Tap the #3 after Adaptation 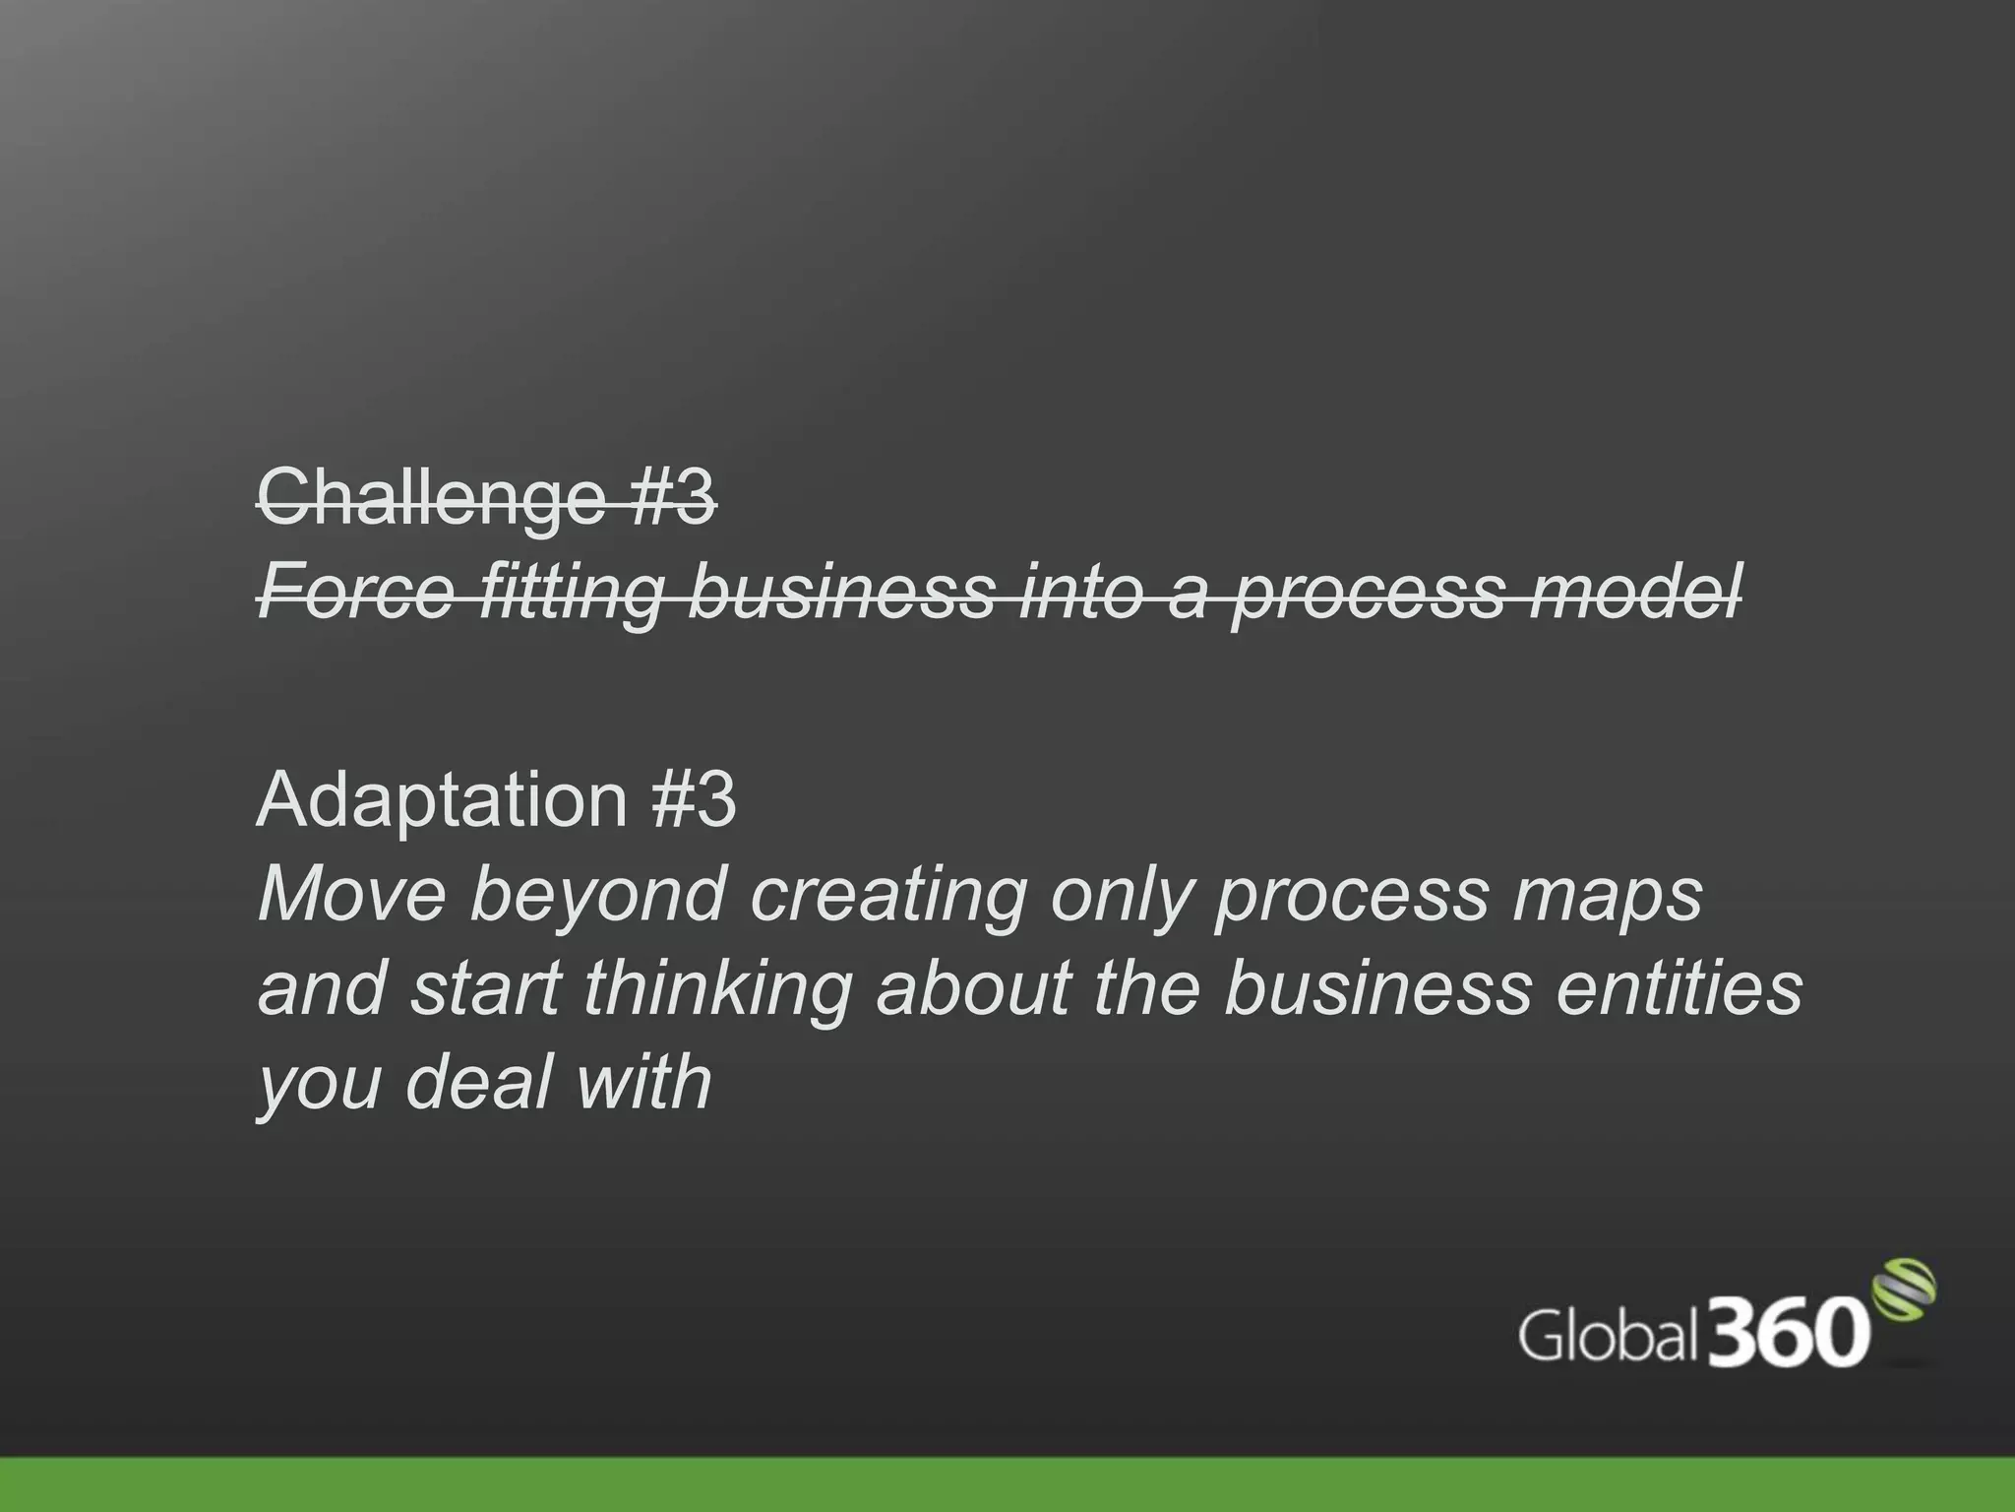[x=693, y=799]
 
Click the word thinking [x=717, y=988]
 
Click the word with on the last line [x=643, y=1081]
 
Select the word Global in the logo [x=1608, y=1337]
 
